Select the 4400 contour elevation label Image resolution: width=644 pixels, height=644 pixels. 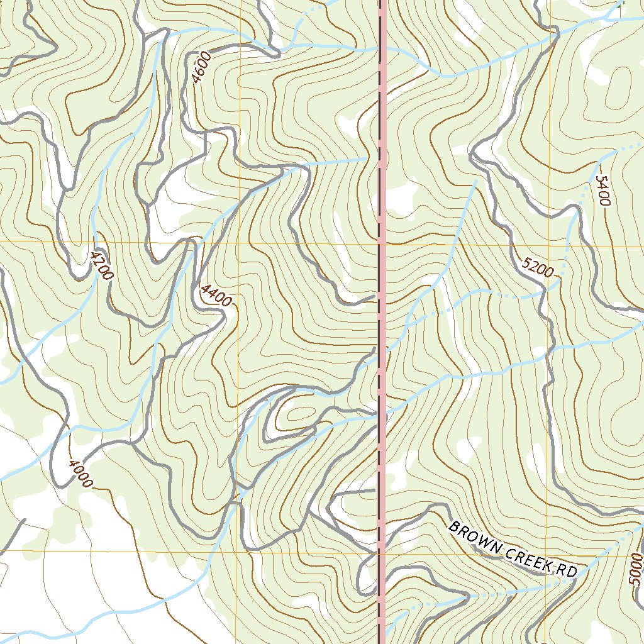point(216,295)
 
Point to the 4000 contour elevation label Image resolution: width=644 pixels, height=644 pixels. point(80,473)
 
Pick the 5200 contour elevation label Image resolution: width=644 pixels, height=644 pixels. point(538,268)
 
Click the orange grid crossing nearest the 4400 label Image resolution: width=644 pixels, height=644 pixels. point(239,241)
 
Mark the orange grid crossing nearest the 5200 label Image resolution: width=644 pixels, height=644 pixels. point(547,246)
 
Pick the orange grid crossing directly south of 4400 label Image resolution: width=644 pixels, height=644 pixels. point(238,552)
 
